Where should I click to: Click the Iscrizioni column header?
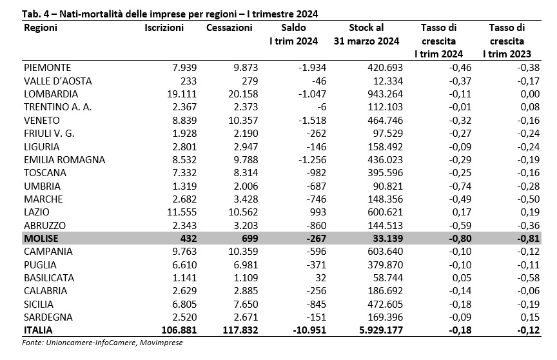(164, 28)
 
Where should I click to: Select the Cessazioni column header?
(229, 28)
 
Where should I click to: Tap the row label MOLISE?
(41, 238)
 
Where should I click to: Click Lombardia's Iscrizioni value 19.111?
(182, 94)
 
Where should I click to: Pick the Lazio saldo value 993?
(318, 212)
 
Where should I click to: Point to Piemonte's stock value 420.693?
(386, 68)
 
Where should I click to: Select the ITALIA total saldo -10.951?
(309, 330)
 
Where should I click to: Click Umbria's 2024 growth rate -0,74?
(460, 186)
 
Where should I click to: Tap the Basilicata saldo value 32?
(320, 277)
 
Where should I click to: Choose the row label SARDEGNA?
(48, 317)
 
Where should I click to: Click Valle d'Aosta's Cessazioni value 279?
(249, 81)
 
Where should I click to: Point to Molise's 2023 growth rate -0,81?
(528, 238)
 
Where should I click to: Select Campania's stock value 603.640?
(386, 251)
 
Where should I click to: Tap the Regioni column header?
(41, 28)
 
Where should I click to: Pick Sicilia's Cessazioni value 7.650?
(243, 304)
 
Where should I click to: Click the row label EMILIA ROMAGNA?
(64, 159)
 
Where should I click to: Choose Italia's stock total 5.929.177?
(381, 330)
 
